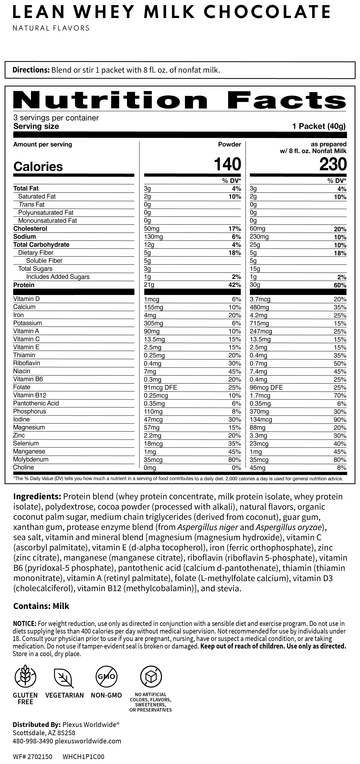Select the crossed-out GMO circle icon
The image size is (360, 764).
(106, 677)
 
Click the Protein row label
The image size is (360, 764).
(24, 285)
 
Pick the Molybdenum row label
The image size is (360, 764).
(31, 459)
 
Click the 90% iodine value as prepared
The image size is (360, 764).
(340, 420)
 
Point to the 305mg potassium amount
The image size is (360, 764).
(153, 323)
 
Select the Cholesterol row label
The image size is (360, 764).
(30, 229)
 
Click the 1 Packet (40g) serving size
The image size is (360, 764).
(319, 126)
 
